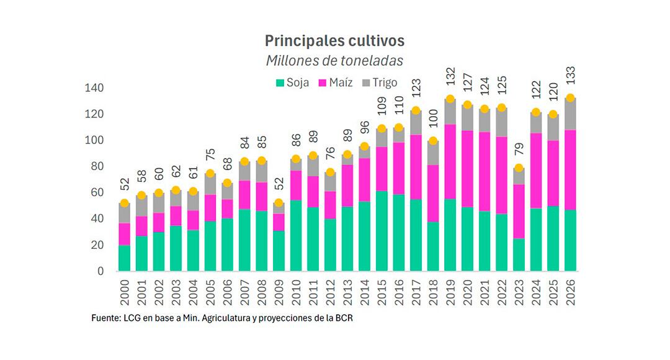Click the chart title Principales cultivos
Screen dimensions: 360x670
pos(334,41)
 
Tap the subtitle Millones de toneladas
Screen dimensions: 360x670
pos(334,61)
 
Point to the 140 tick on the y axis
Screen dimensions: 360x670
pos(95,88)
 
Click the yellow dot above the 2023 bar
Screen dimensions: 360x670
pos(519,168)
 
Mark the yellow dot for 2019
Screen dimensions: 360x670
pos(450,99)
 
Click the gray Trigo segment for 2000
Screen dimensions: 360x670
pos(125,214)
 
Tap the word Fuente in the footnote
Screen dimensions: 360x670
pos(105,318)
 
